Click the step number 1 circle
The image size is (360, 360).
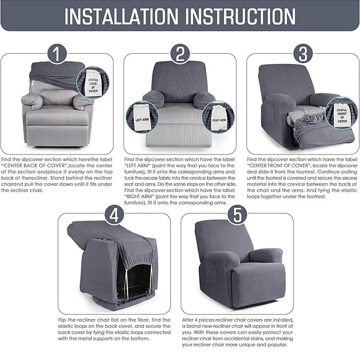pos(57,54)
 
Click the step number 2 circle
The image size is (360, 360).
pos(180,54)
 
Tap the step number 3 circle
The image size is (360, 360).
pos(303,54)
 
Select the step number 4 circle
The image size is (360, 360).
pos(114,215)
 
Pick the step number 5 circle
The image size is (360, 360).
pos(238,215)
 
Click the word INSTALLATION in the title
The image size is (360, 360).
pos(121,16)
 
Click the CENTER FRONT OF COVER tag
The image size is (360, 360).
pos(342,116)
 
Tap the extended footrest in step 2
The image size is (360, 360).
pos(179,135)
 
